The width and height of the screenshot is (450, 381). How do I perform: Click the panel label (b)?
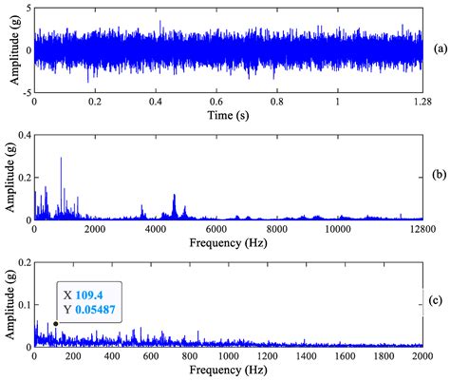439,175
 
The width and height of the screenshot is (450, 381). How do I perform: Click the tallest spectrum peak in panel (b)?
61,159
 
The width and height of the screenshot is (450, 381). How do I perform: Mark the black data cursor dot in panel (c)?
55,324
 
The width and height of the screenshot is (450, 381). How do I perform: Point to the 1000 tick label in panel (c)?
229,356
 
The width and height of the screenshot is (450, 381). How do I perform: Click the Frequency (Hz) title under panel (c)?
228,370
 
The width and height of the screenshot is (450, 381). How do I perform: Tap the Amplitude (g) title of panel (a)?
9,49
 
